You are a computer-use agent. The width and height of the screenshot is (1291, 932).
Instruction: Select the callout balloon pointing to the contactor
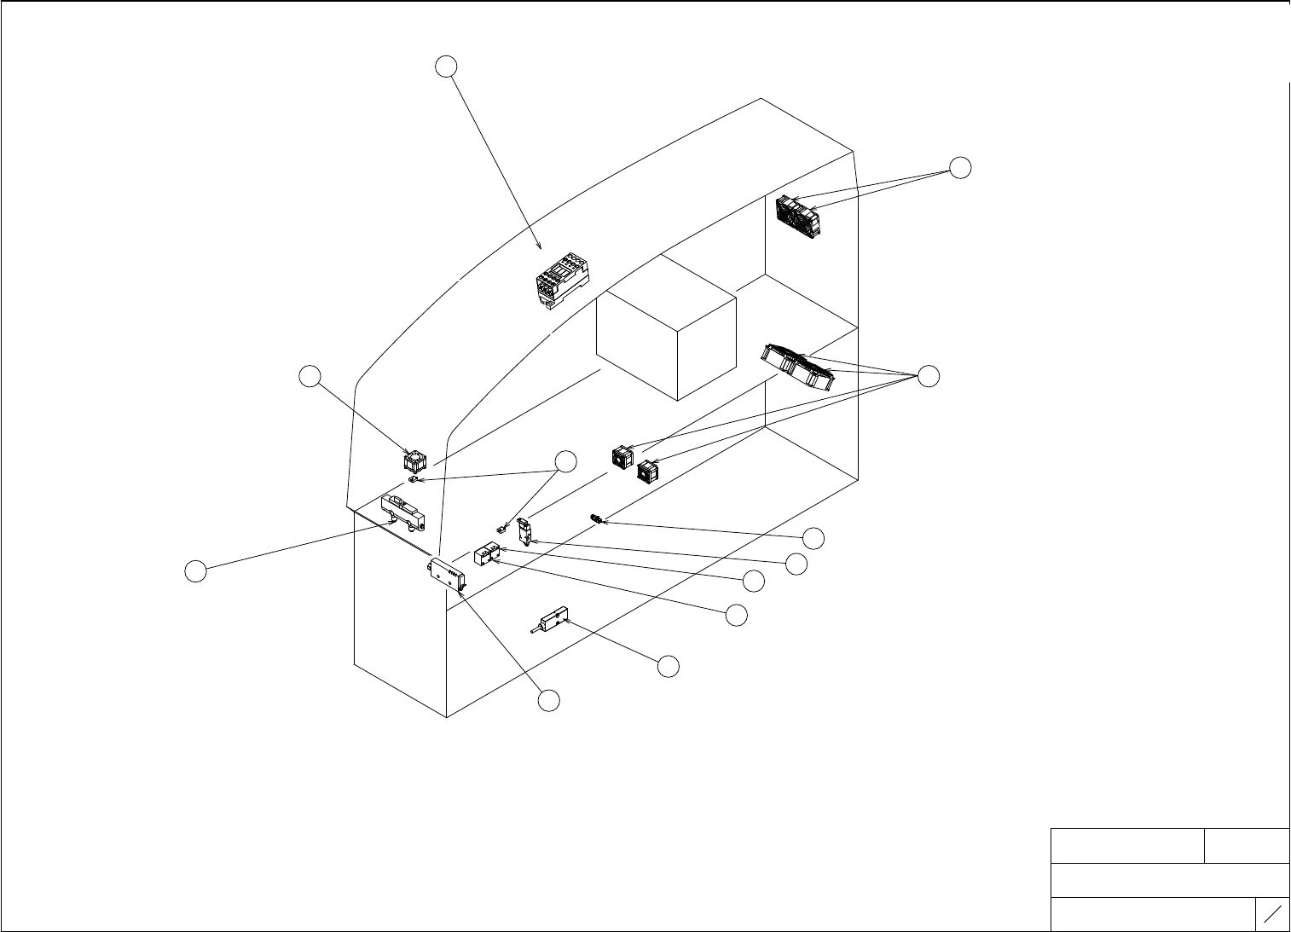click(x=446, y=66)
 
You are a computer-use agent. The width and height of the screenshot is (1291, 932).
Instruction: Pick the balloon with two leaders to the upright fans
click(x=960, y=168)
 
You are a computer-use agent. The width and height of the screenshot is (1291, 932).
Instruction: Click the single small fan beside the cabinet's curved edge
click(x=414, y=461)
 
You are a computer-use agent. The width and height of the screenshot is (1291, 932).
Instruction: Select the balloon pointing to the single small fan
click(x=310, y=375)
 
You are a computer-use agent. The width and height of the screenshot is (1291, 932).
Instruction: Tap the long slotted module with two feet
click(x=402, y=512)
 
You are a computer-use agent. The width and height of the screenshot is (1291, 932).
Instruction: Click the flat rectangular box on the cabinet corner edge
click(x=449, y=574)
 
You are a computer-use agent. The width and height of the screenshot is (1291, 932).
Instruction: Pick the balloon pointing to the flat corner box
click(x=549, y=700)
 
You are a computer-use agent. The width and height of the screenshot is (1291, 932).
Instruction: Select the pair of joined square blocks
click(x=485, y=555)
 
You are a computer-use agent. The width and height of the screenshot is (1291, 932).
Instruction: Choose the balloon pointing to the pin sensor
click(x=669, y=667)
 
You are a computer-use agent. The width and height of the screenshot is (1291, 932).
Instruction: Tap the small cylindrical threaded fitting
click(x=596, y=518)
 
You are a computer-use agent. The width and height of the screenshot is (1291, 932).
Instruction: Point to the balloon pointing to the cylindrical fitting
click(x=814, y=538)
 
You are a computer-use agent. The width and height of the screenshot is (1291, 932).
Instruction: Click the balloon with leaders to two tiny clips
click(x=565, y=461)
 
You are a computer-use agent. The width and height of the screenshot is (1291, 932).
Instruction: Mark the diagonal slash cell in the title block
click(x=1273, y=914)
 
